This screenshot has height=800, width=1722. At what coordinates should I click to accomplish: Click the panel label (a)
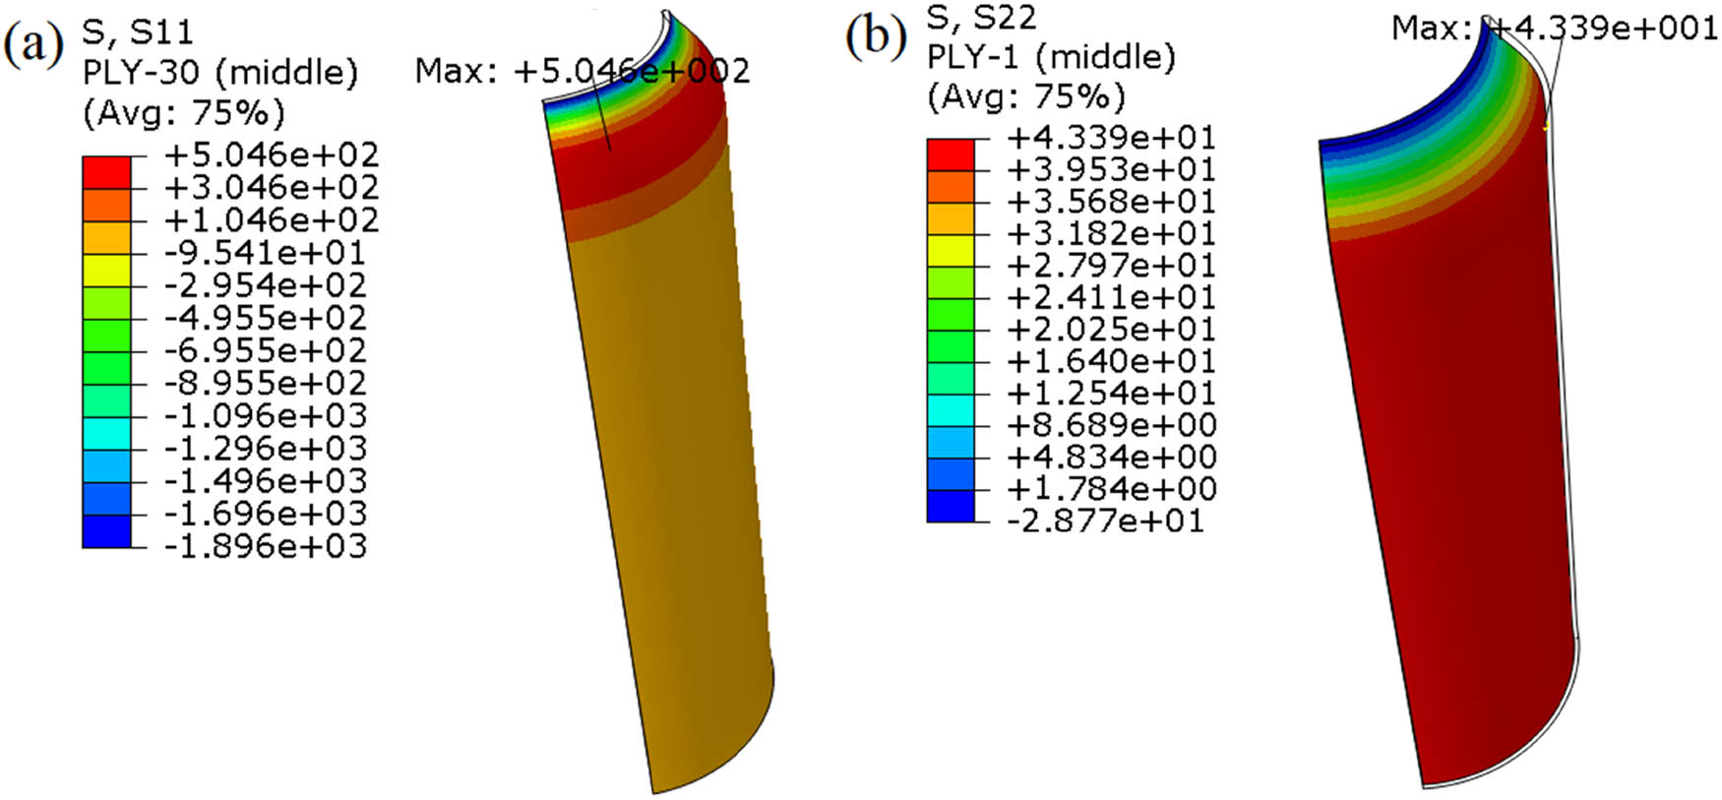click(33, 44)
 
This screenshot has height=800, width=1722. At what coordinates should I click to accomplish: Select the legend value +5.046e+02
click(271, 154)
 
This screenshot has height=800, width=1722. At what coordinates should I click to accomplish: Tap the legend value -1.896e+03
click(265, 545)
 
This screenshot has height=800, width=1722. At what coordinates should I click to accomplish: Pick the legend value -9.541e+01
click(265, 252)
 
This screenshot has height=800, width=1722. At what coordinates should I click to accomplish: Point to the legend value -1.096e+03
click(265, 415)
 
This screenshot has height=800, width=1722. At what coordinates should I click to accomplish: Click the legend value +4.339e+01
click(1111, 137)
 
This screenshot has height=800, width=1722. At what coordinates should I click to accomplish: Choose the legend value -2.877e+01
click(1105, 520)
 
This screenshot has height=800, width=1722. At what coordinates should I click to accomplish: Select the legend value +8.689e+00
click(1111, 424)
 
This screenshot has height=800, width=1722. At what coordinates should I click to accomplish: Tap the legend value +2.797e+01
click(1111, 265)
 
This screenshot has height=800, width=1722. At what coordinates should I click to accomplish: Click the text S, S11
click(137, 31)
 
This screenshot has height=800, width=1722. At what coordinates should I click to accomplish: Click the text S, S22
click(981, 17)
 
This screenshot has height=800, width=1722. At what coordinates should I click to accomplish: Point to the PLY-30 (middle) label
click(219, 72)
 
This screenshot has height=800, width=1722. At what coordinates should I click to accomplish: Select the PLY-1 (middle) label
click(1051, 56)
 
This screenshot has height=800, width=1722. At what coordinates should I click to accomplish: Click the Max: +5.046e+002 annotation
click(582, 71)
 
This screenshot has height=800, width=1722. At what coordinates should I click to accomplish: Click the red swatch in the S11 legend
click(106, 171)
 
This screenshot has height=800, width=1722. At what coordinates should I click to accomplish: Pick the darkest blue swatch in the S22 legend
click(951, 506)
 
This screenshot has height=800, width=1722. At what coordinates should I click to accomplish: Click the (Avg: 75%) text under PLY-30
click(183, 112)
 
